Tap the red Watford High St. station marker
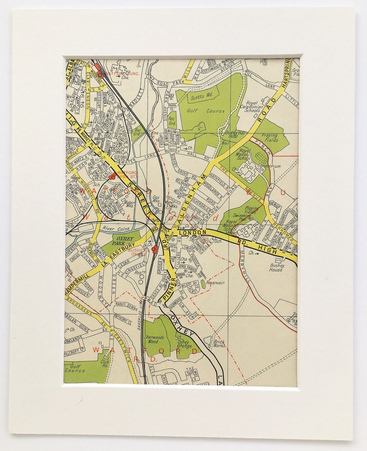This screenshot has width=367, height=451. pos(112,177)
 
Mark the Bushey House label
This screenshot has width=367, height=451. pos(276,267)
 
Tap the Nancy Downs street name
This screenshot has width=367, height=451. pos(126,305)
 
